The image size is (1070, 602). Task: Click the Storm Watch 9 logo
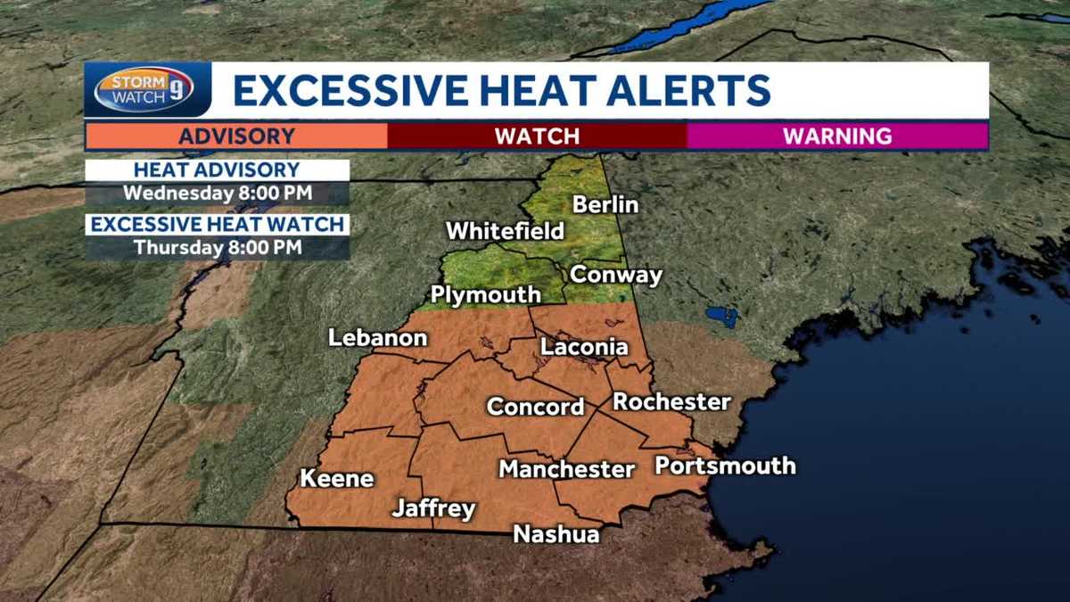point(144,89)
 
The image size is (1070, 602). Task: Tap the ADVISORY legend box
point(236,136)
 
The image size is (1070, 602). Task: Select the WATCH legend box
point(537,136)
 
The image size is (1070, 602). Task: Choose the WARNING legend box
point(837,136)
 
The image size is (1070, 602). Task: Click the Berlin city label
point(605,204)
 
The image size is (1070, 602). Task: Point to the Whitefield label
point(505,231)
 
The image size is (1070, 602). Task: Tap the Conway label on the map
point(616,275)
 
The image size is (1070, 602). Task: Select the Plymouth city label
point(485,294)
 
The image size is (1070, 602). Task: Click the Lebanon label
point(378,339)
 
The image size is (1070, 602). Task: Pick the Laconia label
point(584,347)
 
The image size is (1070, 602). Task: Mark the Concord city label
point(535,407)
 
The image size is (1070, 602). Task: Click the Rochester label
point(671,401)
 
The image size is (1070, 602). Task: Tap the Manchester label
point(566,468)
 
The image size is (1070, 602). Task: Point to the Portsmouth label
point(725,466)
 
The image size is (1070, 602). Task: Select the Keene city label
point(336,478)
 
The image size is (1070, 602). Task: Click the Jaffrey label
point(433,509)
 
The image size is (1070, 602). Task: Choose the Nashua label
point(556,534)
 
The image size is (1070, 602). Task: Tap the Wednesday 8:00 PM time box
point(218,193)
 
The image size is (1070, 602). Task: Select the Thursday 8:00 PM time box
point(218,247)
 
